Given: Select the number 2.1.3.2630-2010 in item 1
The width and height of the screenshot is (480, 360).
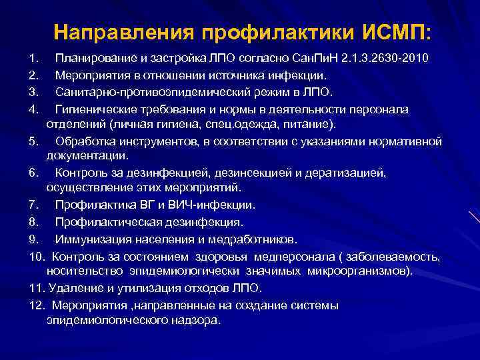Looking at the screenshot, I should click(387, 59).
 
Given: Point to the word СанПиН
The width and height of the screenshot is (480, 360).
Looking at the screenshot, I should click(313, 59).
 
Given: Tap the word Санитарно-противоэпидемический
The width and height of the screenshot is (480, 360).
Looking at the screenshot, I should click(144, 91).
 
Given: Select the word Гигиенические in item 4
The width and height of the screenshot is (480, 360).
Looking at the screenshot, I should click(93, 108).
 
